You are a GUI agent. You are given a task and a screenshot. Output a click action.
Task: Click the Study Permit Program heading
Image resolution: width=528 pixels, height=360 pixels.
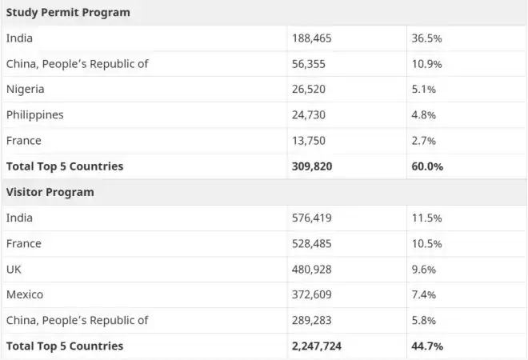pyautogui.click(x=68, y=13)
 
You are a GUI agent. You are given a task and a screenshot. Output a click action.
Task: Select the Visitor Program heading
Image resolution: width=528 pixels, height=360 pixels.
pyautogui.click(x=50, y=192)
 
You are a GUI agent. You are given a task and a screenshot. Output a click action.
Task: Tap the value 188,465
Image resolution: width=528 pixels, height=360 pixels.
pyautogui.click(x=311, y=38)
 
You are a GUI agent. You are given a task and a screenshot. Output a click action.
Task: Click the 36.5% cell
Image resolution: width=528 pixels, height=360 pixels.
pyautogui.click(x=426, y=38)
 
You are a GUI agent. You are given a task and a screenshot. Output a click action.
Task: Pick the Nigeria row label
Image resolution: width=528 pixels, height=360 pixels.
pyautogui.click(x=26, y=90)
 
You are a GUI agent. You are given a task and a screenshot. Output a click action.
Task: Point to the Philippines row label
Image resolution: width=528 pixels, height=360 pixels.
pyautogui.click(x=34, y=115)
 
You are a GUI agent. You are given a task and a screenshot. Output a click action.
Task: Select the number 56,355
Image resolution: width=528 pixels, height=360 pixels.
pyautogui.click(x=309, y=64)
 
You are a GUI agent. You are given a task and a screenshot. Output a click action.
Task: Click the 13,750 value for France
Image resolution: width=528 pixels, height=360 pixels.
pyautogui.click(x=309, y=141)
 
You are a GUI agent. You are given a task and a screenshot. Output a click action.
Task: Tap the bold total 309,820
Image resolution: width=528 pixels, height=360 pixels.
pyautogui.click(x=312, y=166)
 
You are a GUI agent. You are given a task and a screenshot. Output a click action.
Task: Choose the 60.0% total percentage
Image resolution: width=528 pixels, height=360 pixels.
pyautogui.click(x=427, y=166)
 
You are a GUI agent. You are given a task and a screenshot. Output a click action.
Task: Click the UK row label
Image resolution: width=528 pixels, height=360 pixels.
pyautogui.click(x=14, y=270)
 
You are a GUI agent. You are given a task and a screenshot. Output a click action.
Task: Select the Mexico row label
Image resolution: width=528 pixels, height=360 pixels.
pyautogui.click(x=25, y=294)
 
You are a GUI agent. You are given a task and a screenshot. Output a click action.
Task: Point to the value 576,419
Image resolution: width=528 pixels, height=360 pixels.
pyautogui.click(x=311, y=218)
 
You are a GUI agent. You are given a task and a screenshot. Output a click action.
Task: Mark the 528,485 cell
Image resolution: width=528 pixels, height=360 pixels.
pyautogui.click(x=311, y=244)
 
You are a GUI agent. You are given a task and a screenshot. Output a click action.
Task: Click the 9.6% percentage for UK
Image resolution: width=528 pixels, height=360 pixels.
pyautogui.click(x=424, y=270)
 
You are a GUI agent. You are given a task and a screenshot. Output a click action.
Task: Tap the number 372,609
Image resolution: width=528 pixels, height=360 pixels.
pyautogui.click(x=311, y=294)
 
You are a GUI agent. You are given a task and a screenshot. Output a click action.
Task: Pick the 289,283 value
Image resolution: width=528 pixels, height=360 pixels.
pyautogui.click(x=311, y=320)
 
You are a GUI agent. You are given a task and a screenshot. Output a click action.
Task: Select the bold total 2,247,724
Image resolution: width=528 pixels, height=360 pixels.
pyautogui.click(x=317, y=346)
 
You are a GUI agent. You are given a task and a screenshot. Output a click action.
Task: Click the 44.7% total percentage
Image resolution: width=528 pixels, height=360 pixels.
pyautogui.click(x=427, y=346)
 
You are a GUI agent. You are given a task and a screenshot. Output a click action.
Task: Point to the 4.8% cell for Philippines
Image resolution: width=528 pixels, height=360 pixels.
pyautogui.click(x=424, y=115)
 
